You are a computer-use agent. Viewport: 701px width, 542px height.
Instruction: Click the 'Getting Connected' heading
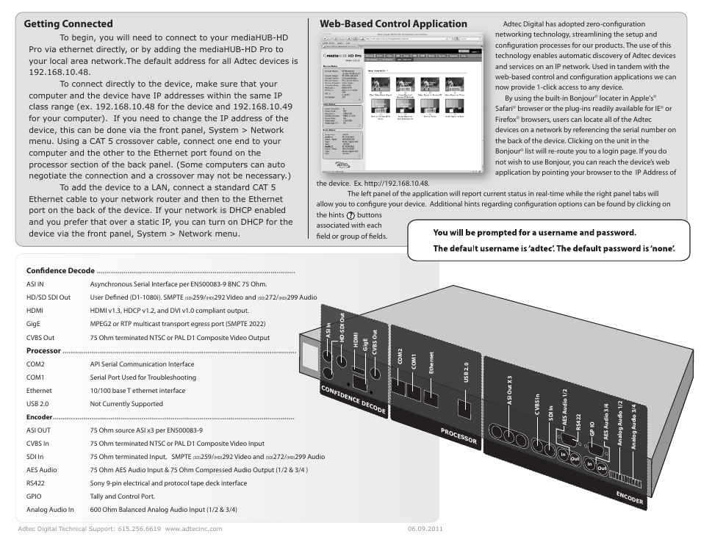coord(68,24)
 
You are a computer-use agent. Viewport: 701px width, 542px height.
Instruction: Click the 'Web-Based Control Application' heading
coord(393,24)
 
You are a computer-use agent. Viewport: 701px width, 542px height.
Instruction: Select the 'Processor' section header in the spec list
coord(43,351)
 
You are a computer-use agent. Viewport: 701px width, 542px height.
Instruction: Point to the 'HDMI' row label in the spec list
coord(35,311)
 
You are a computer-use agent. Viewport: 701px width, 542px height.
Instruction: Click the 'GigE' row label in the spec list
coord(34,324)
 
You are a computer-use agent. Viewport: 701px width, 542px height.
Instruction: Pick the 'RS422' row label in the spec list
coord(36,483)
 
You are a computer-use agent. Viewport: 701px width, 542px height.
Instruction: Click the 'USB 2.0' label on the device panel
coord(466,374)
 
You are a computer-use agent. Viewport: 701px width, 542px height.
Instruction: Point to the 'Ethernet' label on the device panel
coord(431,364)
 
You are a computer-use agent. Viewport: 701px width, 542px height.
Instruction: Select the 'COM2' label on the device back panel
coord(400,358)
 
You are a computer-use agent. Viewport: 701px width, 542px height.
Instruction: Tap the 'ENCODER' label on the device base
coord(630,498)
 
